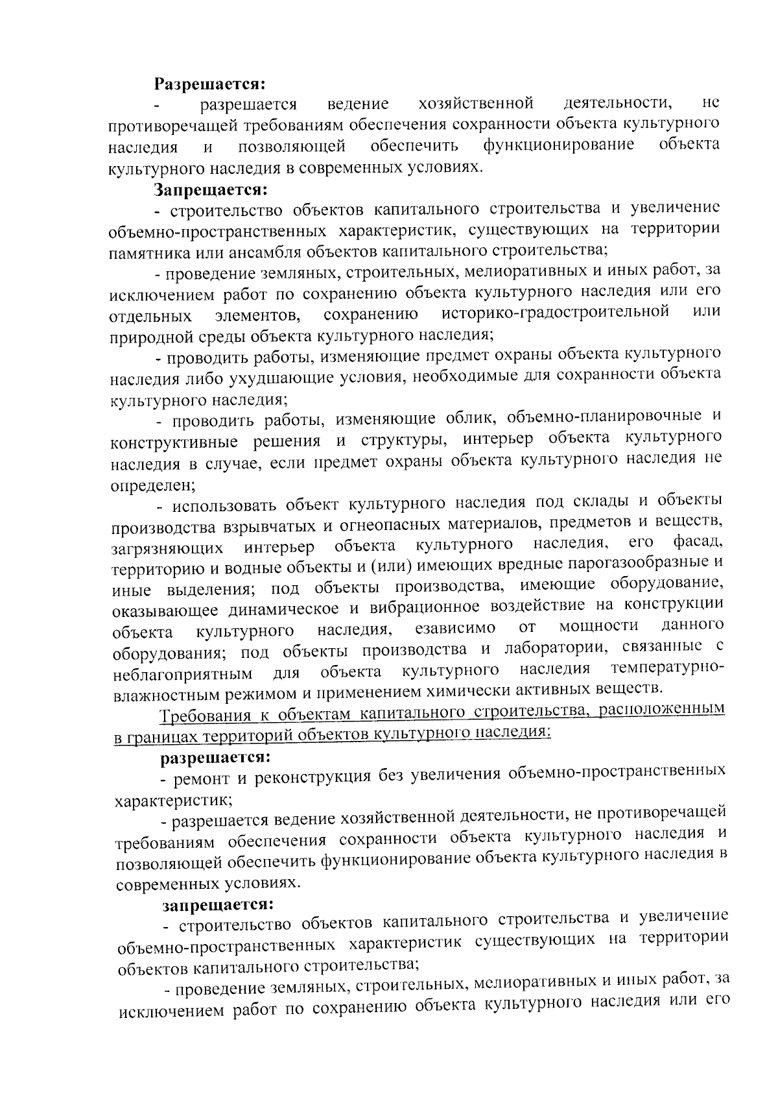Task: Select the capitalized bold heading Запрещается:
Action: [x=211, y=189]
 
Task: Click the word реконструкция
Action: [x=314, y=777]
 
